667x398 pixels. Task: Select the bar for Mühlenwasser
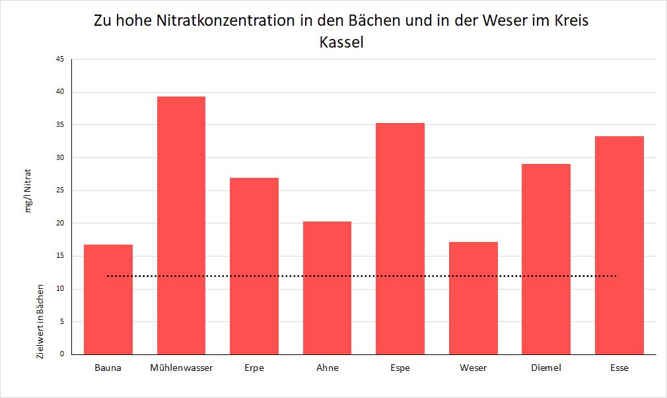pyautogui.click(x=181, y=225)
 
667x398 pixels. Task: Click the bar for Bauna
pyautogui.click(x=108, y=299)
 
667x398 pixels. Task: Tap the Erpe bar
pyautogui.click(x=254, y=266)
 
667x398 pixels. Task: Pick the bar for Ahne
pyautogui.click(x=327, y=288)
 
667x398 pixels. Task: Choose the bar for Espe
pyautogui.click(x=400, y=238)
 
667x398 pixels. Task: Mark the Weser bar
pyautogui.click(x=473, y=298)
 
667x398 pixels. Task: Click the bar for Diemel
pyautogui.click(x=546, y=259)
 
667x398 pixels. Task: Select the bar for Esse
pyautogui.click(x=619, y=245)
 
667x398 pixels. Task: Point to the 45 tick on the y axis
pyautogui.click(x=60, y=60)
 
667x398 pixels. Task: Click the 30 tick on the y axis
pyautogui.click(x=60, y=158)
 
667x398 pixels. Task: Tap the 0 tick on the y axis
pyautogui.click(x=62, y=354)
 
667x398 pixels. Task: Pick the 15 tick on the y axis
pyautogui.click(x=60, y=257)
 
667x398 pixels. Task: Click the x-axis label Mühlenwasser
pyautogui.click(x=182, y=368)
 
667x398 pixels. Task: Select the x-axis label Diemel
pyautogui.click(x=546, y=368)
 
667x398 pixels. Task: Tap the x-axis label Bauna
pyautogui.click(x=108, y=368)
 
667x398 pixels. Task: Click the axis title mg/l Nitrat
pyautogui.click(x=28, y=190)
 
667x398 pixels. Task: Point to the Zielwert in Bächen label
pyautogui.click(x=40, y=322)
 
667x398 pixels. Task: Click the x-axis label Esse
pyautogui.click(x=619, y=368)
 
